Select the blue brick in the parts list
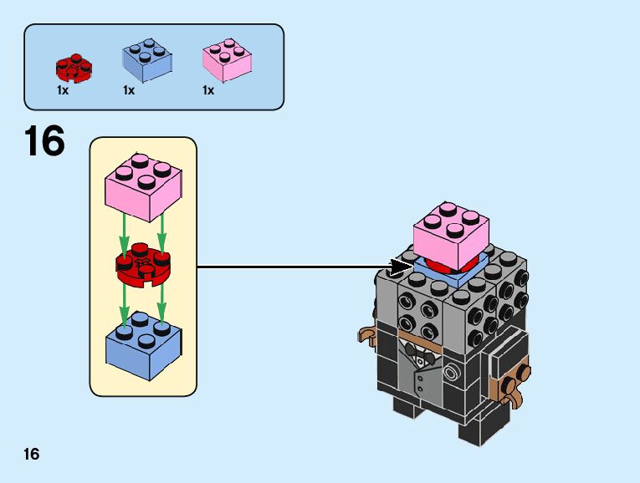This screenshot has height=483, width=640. point(147,61)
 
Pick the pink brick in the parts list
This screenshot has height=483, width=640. point(227,61)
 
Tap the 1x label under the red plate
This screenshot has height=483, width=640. point(63,90)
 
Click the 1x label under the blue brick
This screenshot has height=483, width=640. point(129,90)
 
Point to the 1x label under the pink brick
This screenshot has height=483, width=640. point(208,90)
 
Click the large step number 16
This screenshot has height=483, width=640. point(44,142)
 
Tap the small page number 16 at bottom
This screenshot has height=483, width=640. point(32,455)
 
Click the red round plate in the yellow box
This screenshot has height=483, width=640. point(143,264)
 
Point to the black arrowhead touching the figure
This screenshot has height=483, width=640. point(400,267)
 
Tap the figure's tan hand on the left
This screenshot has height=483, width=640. point(366,336)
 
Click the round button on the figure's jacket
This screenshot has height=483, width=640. point(453,368)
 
